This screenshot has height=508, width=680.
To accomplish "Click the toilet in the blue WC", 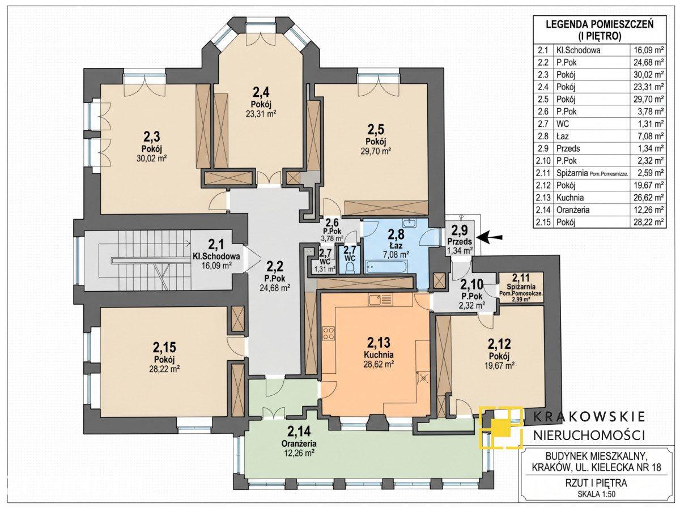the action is point(350,267).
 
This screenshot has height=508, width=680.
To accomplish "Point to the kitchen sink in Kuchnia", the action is point(380,300).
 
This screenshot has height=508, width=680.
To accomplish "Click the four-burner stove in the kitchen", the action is point(329,334).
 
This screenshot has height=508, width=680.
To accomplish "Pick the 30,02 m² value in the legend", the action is point(648,75).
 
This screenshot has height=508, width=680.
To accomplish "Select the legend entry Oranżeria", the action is point(572,210).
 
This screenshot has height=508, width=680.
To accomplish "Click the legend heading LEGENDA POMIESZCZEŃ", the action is point(600,24).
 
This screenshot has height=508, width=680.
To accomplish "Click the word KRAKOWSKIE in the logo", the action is point(589,417).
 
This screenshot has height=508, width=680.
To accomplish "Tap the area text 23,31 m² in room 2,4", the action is point(261,114).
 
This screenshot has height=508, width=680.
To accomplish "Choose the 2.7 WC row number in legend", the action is point(543,124).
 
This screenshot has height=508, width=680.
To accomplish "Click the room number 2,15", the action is point(164,347).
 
